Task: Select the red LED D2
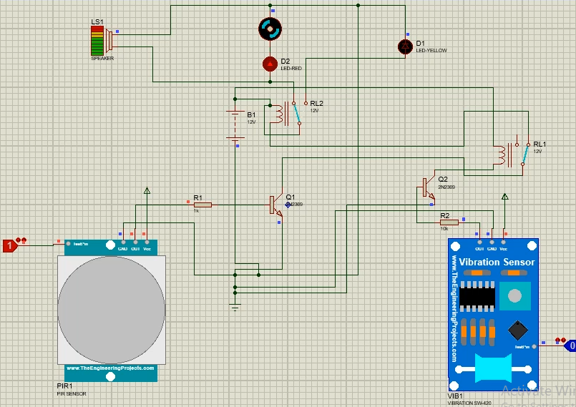270,64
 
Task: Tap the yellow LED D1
404,46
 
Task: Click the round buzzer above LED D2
270,29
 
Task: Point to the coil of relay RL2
276,113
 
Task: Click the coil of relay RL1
500,155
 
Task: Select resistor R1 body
202,205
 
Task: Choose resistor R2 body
449,222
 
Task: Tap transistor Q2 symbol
426,187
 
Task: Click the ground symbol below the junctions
235,307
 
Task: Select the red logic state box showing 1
9,246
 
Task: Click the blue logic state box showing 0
570,345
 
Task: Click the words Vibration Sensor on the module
497,263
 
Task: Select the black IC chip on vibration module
477,296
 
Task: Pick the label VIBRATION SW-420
469,403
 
